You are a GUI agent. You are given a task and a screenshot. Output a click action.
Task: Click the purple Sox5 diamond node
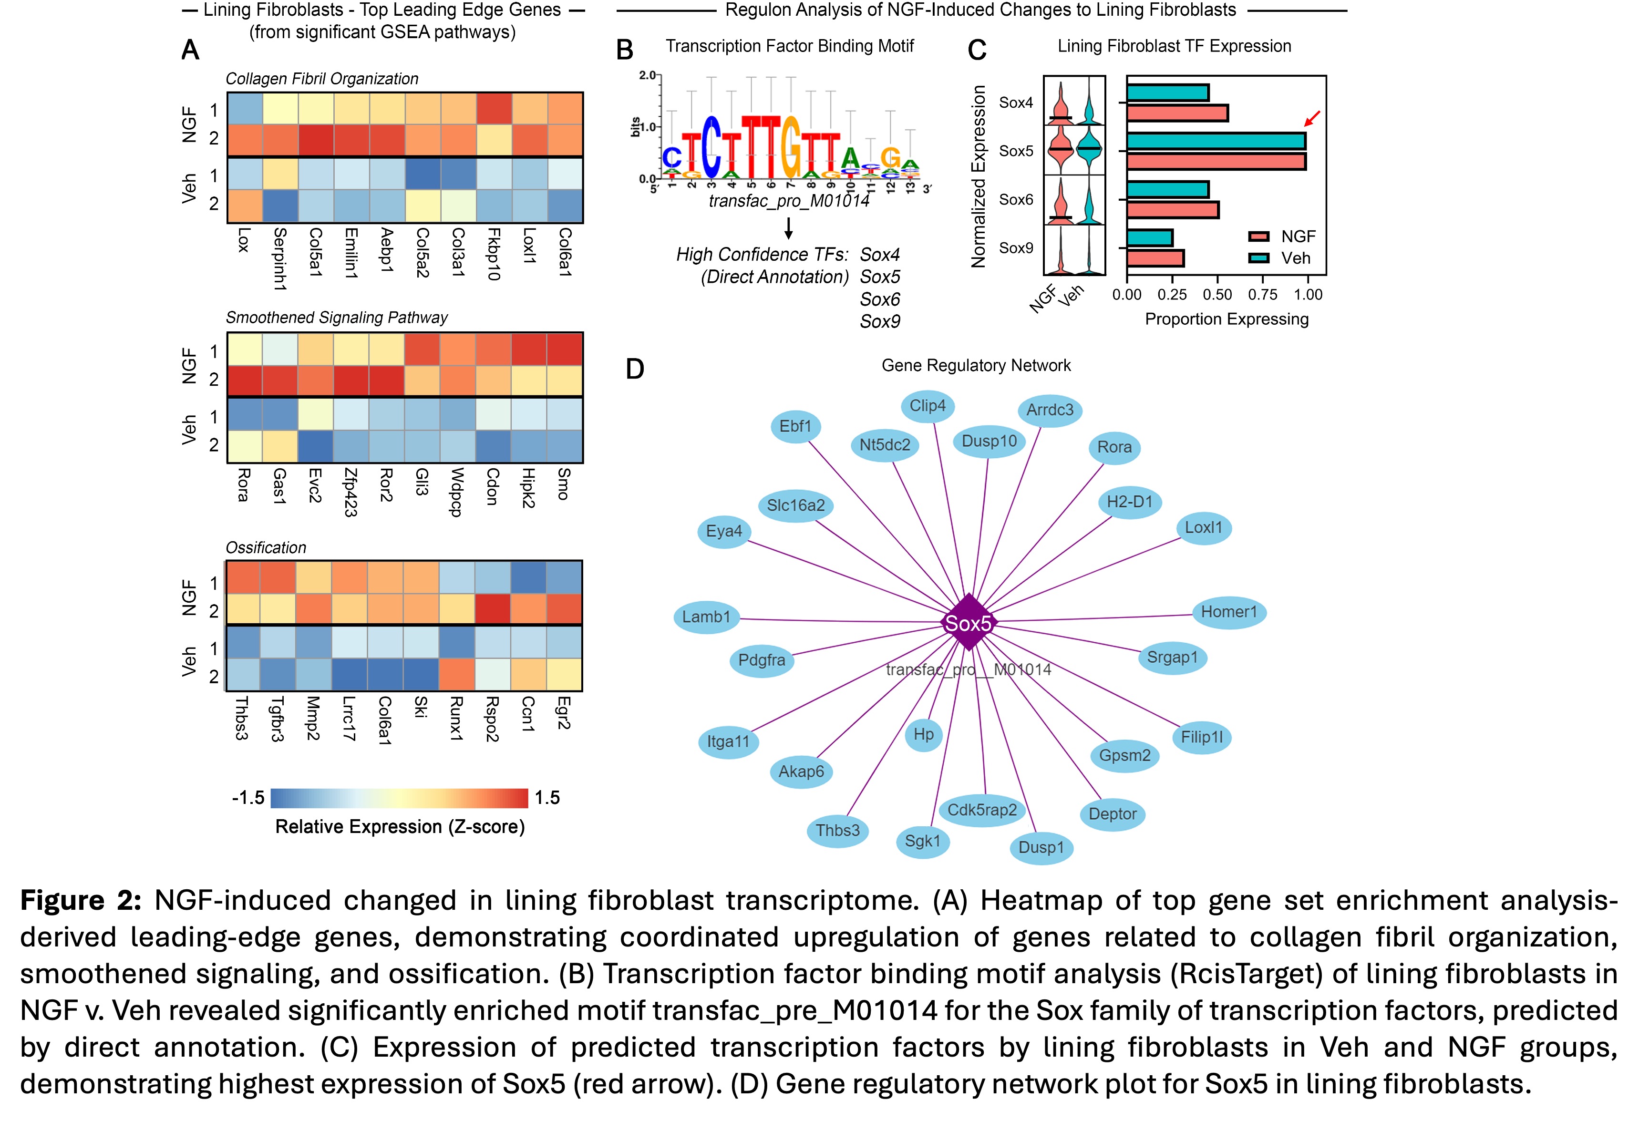click(969, 623)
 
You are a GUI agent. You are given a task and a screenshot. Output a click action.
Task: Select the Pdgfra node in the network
click(762, 660)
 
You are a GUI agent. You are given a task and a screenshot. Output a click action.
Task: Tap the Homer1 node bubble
click(1228, 612)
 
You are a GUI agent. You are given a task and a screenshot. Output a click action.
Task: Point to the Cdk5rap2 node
click(982, 810)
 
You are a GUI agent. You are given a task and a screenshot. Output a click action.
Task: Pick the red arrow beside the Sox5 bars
click(1312, 118)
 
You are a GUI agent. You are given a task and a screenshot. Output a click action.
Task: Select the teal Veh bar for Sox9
click(1150, 237)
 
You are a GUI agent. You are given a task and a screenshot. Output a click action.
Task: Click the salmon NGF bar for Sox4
click(1177, 113)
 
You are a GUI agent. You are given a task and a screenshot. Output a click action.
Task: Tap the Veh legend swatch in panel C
click(1259, 258)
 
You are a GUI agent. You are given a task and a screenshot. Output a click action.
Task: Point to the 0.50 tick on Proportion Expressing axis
click(1217, 295)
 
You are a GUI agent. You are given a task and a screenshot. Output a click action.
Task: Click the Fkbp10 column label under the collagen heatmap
click(494, 254)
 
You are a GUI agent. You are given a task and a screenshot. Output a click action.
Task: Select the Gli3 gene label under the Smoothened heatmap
click(422, 482)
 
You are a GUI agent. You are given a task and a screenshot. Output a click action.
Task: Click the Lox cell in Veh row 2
click(245, 205)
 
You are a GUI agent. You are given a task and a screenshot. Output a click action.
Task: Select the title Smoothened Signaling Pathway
click(336, 318)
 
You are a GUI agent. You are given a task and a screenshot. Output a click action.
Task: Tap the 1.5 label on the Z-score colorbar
click(547, 798)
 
